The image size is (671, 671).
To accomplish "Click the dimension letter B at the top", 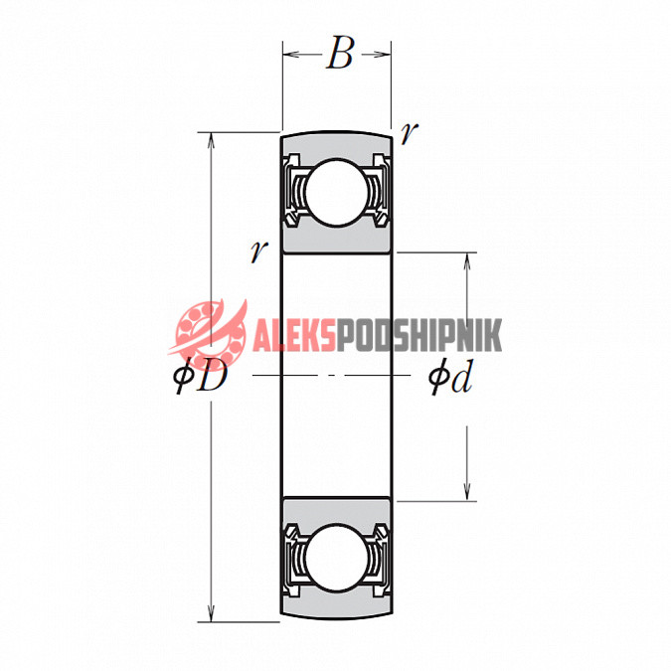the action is point(340,53).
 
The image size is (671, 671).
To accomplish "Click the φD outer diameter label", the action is point(200,376).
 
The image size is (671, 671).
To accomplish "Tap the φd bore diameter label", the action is point(450,377).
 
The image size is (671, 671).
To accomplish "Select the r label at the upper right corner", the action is point(408,132).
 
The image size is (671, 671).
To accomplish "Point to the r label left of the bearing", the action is point(258,252).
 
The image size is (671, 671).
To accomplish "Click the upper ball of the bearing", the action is point(337,192).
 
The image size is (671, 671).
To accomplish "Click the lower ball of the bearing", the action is point(337,559).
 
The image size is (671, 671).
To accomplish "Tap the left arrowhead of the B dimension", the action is point(290,54).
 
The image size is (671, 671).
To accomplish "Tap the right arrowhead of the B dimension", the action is point(383,54).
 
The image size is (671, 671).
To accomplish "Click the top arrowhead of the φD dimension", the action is point(211,140).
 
